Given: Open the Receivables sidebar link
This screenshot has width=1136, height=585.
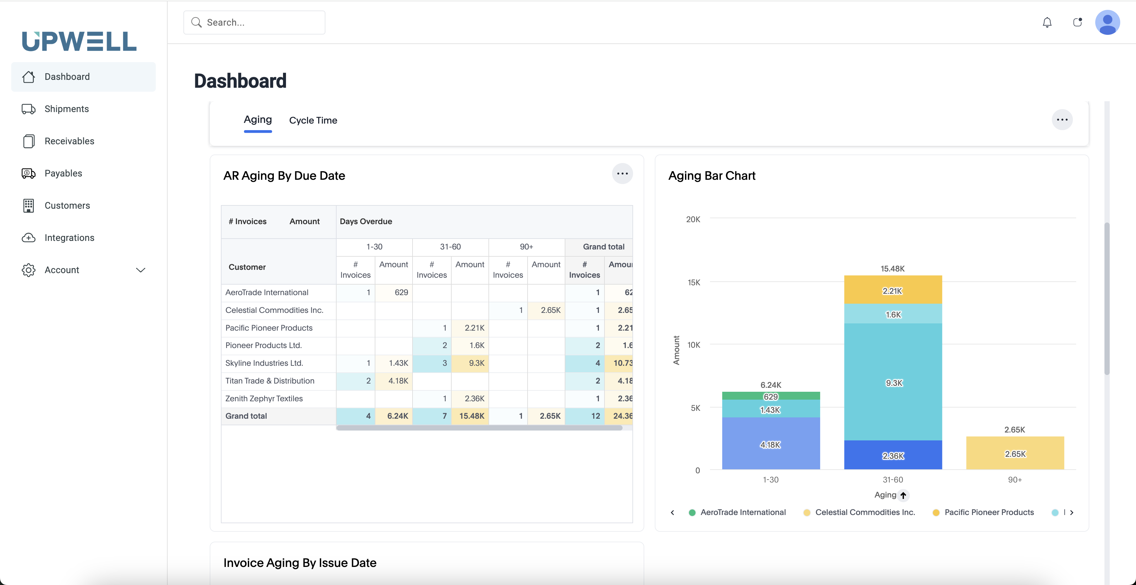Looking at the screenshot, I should coord(69,141).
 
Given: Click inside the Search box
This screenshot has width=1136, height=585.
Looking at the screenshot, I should coord(260,22).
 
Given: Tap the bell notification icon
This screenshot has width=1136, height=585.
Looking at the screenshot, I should coord(1047,22).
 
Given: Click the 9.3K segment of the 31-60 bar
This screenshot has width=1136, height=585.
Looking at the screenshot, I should coord(893,383).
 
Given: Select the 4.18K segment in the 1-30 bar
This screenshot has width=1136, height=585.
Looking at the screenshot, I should coord(770,444).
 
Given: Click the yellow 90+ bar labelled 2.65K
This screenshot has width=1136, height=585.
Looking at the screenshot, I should coord(1015,454).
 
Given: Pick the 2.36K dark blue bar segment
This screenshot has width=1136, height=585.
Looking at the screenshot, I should coord(893,456).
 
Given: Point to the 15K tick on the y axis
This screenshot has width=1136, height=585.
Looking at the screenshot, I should coord(694,282).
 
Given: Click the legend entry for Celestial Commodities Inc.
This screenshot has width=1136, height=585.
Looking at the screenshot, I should coord(864,512).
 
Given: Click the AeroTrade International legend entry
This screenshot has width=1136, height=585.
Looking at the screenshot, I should coord(743,512).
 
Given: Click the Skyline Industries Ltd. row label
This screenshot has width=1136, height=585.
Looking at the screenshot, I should coord(264,363).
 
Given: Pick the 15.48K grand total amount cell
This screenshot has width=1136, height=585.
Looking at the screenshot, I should coord(471,416).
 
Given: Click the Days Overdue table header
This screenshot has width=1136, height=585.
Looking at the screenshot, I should coord(366,221).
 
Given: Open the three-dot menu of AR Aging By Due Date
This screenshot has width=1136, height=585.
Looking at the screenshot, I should coord(622,174).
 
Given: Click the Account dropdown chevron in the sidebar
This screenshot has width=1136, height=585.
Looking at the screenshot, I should coord(141,270).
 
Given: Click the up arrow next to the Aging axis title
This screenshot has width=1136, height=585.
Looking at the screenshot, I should coord(903,495).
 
